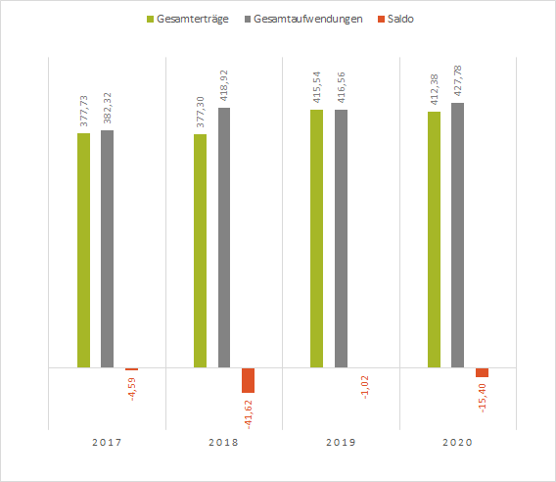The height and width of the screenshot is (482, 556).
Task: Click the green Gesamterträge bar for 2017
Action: (83, 250)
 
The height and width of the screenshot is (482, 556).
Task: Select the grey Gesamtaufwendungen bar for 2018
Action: (224, 237)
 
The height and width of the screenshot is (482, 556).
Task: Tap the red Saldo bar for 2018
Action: (248, 380)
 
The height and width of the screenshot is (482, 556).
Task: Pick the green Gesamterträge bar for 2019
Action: (316, 238)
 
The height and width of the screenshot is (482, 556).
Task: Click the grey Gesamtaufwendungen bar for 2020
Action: (457, 235)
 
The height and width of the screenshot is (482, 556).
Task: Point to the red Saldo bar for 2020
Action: (482, 372)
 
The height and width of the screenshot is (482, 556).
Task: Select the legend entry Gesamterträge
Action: (187, 19)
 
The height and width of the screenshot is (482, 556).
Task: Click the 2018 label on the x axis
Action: (223, 443)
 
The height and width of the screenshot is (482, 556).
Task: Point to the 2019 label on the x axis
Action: (340, 443)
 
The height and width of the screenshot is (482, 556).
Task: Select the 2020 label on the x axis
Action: (457, 443)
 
